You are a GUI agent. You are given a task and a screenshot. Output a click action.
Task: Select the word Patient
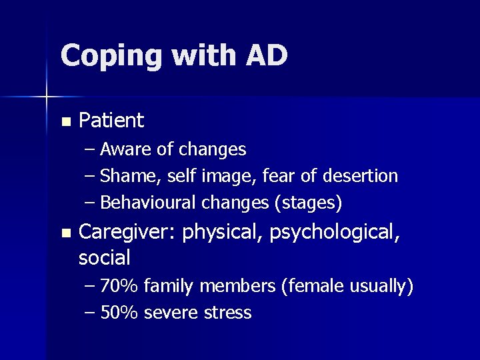pos(111,121)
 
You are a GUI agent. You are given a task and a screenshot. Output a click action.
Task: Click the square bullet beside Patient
pos(65,122)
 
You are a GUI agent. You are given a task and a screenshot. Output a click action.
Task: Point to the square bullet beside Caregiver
pos(65,233)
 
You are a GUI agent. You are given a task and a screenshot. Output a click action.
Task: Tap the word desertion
pos(360,176)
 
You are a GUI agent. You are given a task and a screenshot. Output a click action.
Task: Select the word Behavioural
pos(148,202)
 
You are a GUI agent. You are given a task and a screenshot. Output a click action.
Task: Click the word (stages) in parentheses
pos(309,203)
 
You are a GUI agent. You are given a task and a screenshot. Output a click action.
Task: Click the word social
pos(105,257)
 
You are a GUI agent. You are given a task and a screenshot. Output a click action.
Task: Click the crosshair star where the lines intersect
pos(46,97)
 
